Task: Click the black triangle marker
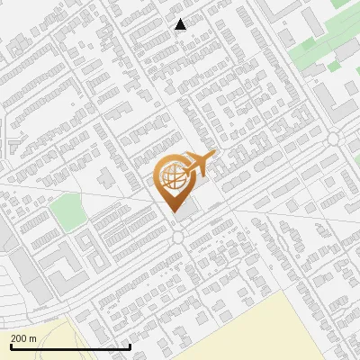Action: tap(181, 24)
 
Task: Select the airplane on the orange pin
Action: tap(199, 163)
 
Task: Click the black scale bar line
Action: tap(70, 346)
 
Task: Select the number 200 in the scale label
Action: tap(20, 338)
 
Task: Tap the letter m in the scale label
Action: tap(33, 338)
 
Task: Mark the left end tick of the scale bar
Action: tap(10, 345)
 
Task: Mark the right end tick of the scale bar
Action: tap(130, 345)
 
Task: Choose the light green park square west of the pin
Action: tap(67, 212)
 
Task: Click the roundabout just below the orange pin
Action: tap(177, 237)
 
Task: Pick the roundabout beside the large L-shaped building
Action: tap(334, 137)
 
